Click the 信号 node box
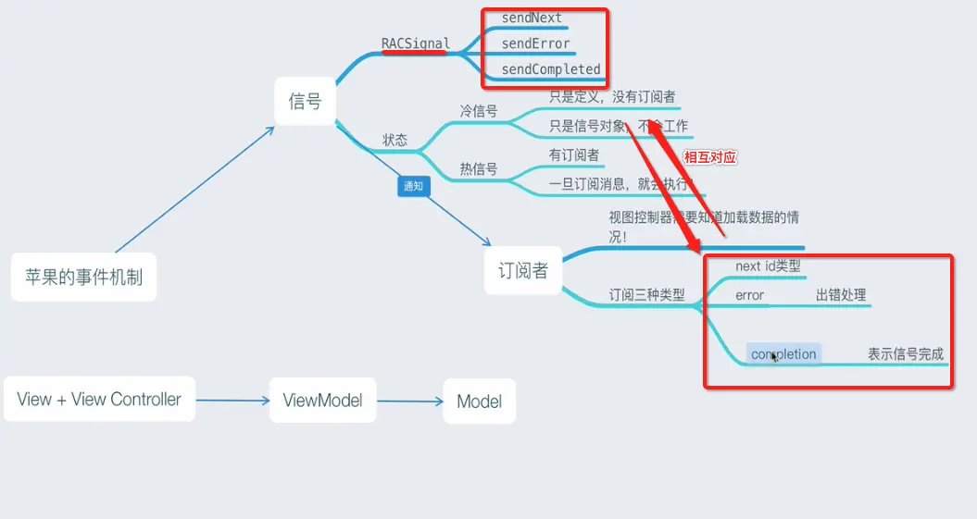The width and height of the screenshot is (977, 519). coord(305,101)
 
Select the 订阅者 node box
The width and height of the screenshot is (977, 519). coord(523,271)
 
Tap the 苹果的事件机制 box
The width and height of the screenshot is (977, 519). coord(83,276)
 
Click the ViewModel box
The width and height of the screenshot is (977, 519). coord(322,401)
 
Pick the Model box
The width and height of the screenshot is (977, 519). coord(479,401)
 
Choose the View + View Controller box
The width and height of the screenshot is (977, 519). coord(99,400)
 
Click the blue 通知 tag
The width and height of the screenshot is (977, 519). coord(412,186)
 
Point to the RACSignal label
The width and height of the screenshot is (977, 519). coord(416,43)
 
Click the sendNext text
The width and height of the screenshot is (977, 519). coord(532,18)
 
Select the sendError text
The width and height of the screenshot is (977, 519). coord(535,43)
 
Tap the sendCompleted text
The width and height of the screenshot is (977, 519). coord(551,69)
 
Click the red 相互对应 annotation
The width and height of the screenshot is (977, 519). coord(709,157)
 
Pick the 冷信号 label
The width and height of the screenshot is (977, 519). coord(479,111)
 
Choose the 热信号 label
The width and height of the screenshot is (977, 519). coord(479,169)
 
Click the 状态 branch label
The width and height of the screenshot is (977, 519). coord(395,141)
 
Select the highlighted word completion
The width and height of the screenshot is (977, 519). coord(783,354)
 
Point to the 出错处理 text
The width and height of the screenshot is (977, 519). coord(841,295)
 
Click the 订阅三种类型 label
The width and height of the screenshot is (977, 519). coord(647,295)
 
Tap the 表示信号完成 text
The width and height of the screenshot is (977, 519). coord(906,354)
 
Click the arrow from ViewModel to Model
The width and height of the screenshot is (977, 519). coord(410,402)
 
